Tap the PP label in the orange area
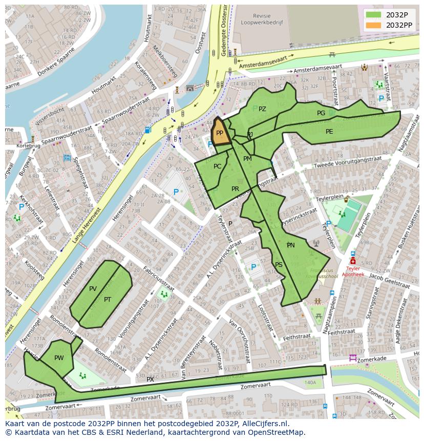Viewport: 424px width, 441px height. pos(220,132)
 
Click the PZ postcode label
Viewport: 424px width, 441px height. pos(262,109)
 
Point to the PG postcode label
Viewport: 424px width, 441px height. pos(321,113)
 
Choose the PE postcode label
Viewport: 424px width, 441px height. pos(329,132)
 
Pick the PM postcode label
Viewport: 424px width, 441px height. pos(247,159)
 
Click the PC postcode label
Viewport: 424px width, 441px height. pos(218,166)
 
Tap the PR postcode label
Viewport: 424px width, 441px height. pos(235,189)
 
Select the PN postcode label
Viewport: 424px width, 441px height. pos(291,245)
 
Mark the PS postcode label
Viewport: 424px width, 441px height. pos(279,265)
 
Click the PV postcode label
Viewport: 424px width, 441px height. pos(93,289)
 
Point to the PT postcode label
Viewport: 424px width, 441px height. pos(108,300)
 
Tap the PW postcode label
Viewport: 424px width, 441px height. pos(59,358)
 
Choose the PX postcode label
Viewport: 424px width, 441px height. pos(150,380)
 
